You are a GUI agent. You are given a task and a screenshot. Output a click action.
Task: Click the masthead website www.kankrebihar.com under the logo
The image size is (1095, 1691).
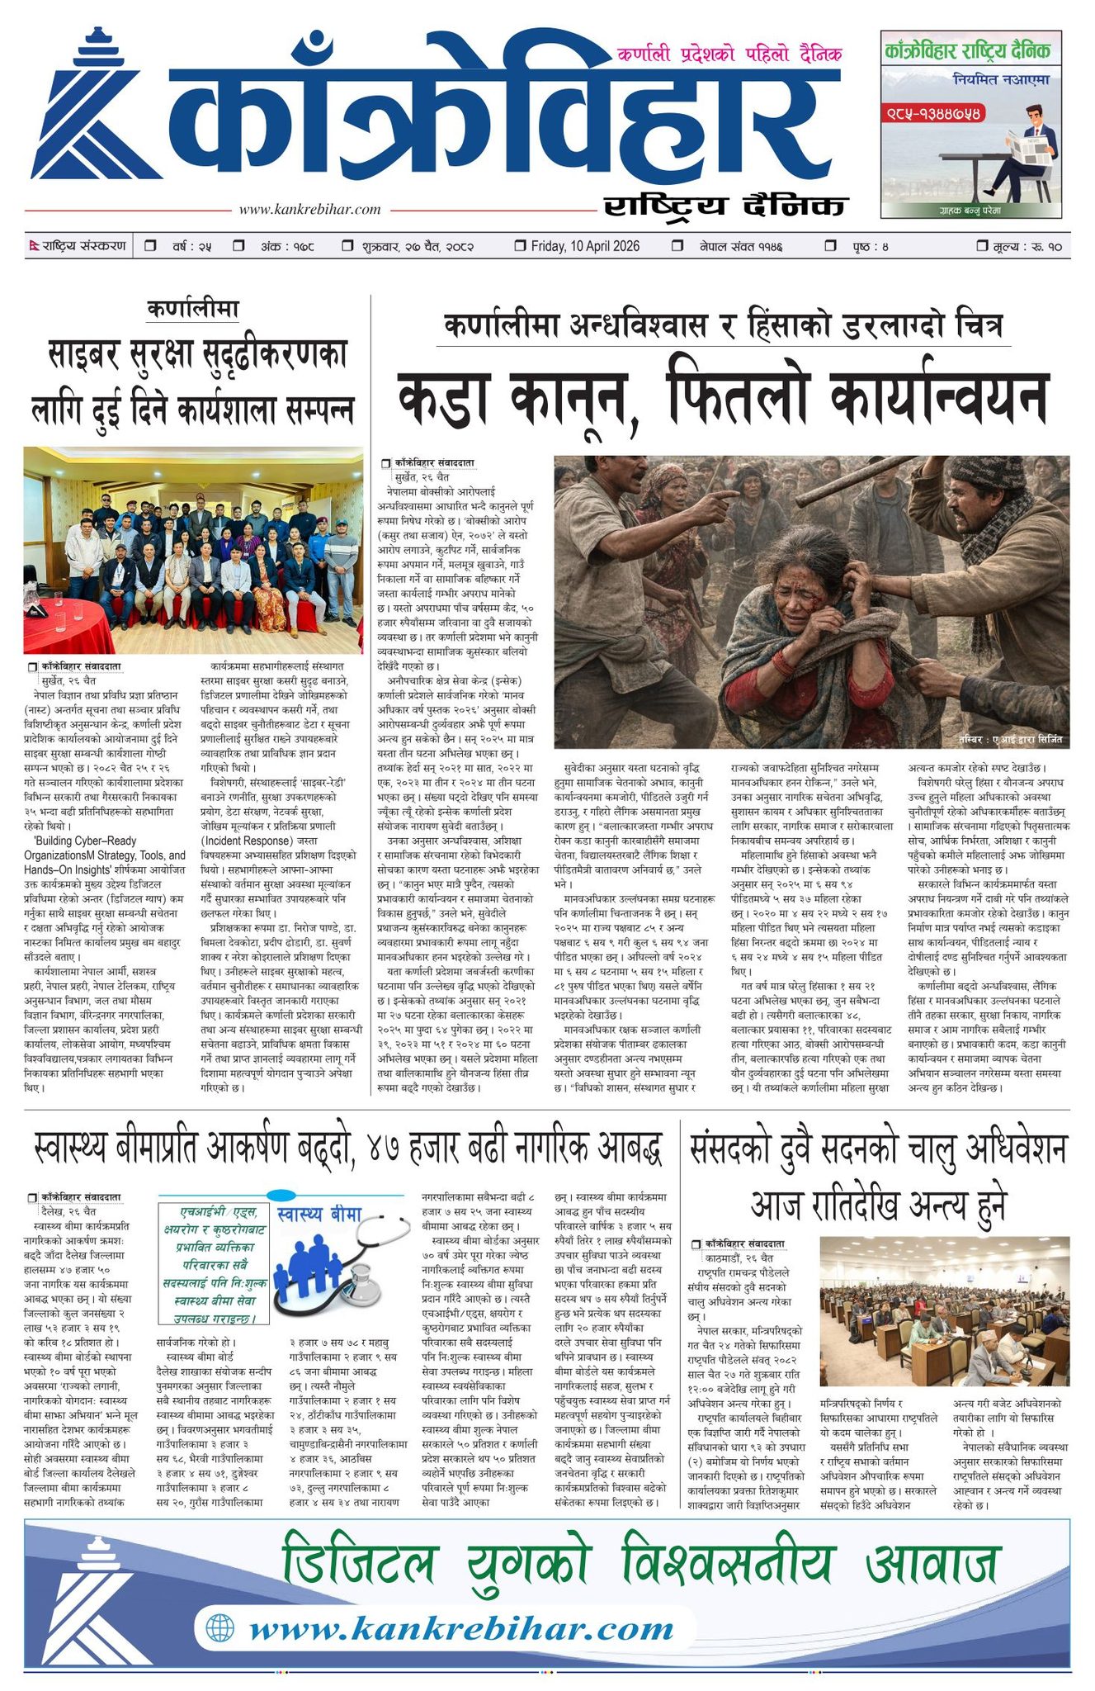pos(309,210)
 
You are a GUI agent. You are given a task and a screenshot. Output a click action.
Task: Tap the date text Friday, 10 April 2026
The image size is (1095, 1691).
pos(585,246)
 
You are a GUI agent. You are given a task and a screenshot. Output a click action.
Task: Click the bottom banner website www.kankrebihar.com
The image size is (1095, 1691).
pos(461,1629)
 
